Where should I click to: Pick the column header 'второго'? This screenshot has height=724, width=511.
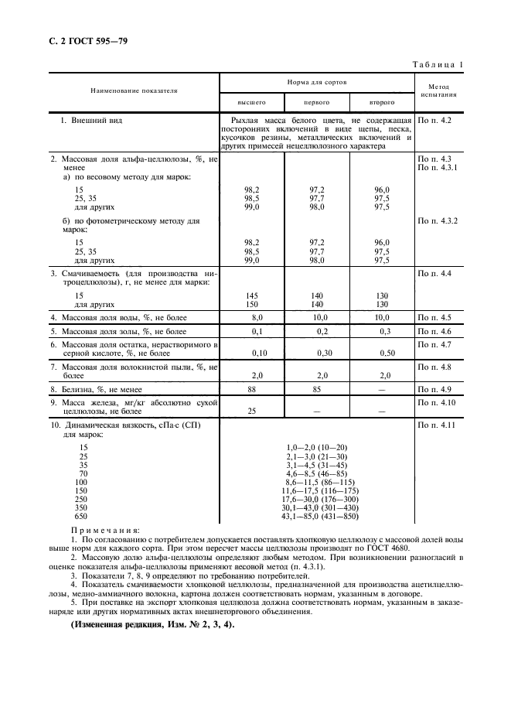tap(382, 101)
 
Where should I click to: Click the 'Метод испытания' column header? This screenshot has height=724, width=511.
tap(438, 90)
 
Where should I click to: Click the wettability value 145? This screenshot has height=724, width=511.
tap(251, 295)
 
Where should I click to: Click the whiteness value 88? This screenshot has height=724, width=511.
tap(251, 389)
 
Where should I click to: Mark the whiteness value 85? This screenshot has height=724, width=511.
tap(317, 389)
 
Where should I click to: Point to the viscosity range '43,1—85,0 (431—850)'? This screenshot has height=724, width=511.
tap(318, 517)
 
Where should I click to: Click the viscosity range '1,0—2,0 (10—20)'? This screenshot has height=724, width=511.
tap(318, 448)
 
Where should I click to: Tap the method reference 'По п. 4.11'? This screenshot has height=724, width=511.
tap(436, 425)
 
